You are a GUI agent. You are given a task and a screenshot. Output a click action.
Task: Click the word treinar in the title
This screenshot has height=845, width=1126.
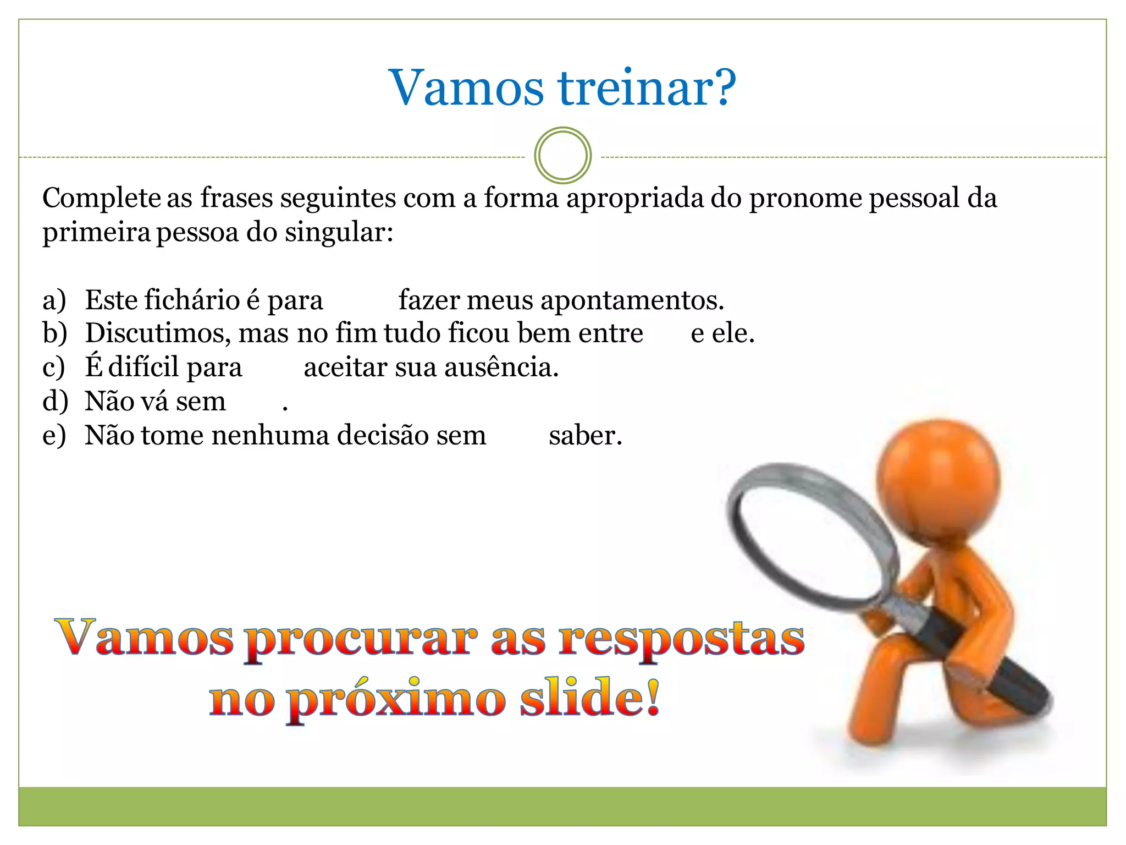pyautogui.click(x=647, y=88)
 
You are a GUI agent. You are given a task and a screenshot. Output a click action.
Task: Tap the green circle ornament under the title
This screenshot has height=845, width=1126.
pyautogui.click(x=562, y=155)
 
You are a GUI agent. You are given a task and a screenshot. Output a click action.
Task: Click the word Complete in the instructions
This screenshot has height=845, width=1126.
pyautogui.click(x=101, y=198)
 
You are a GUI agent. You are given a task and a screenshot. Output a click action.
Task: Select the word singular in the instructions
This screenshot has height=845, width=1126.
pyautogui.click(x=339, y=232)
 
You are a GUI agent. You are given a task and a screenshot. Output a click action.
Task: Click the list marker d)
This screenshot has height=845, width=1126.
pyautogui.click(x=55, y=402)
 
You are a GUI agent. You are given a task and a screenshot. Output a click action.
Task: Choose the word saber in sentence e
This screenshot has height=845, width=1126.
pyautogui.click(x=585, y=436)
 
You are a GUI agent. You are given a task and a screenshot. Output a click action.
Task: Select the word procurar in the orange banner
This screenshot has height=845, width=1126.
pyautogui.click(x=361, y=640)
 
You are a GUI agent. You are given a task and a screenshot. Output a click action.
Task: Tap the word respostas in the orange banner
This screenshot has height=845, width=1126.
pyautogui.click(x=682, y=640)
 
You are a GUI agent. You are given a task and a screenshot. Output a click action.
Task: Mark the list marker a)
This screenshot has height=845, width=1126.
pyautogui.click(x=54, y=300)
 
